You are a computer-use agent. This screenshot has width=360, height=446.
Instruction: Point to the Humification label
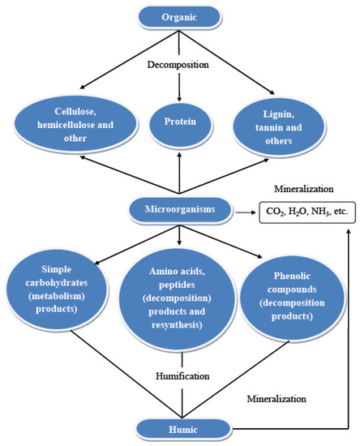pos(182,375)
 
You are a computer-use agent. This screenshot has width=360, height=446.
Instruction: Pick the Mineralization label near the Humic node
pos(276,398)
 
